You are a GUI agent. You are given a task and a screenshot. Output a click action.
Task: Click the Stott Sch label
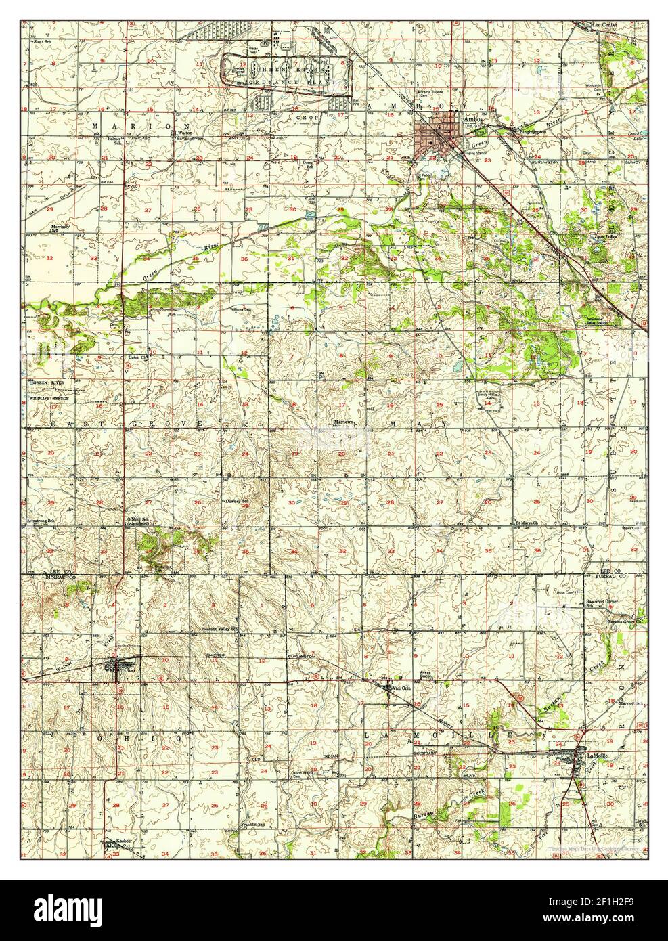click(x=43, y=42)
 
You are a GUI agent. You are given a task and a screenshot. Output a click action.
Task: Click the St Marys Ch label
click(x=527, y=523)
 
